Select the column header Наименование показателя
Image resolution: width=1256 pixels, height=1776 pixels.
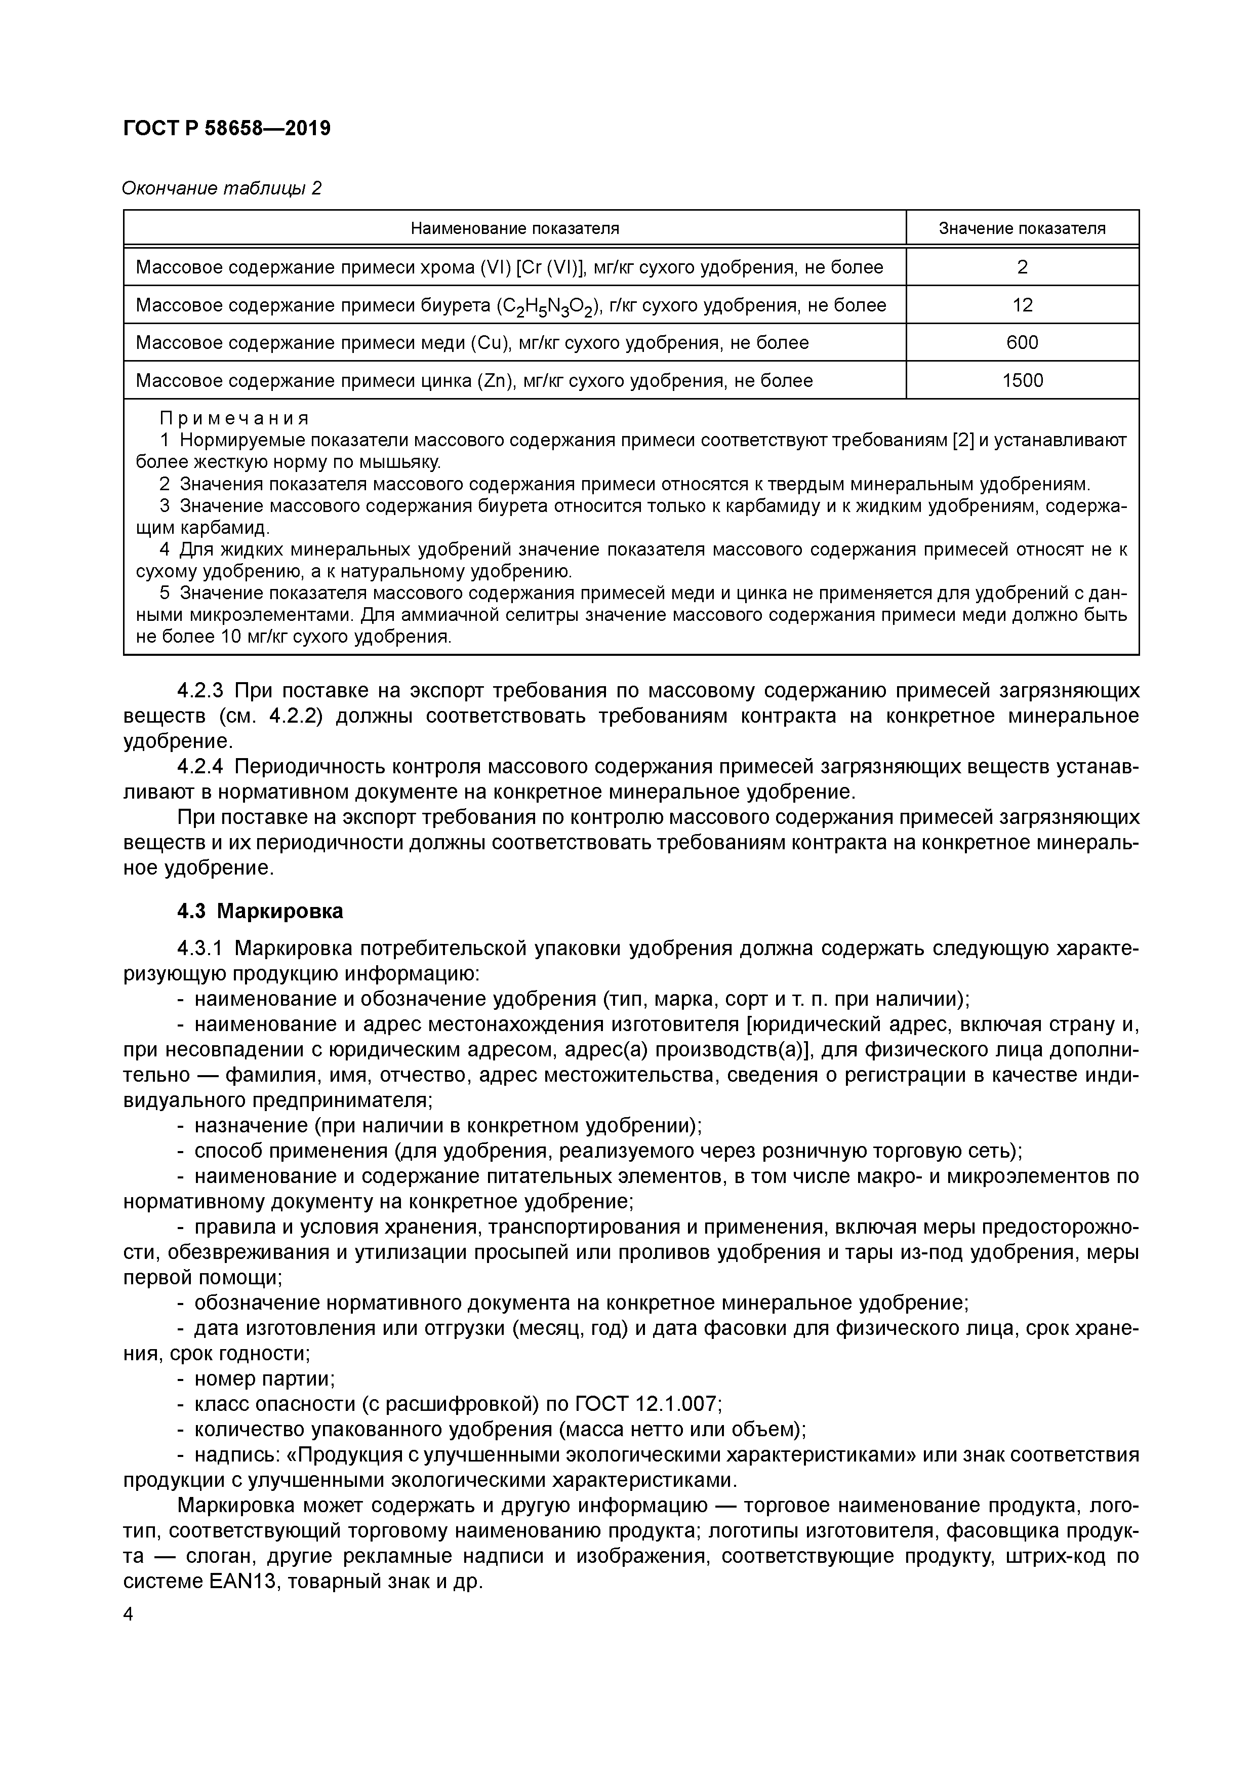514,228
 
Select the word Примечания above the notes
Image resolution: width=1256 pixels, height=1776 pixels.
233,418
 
